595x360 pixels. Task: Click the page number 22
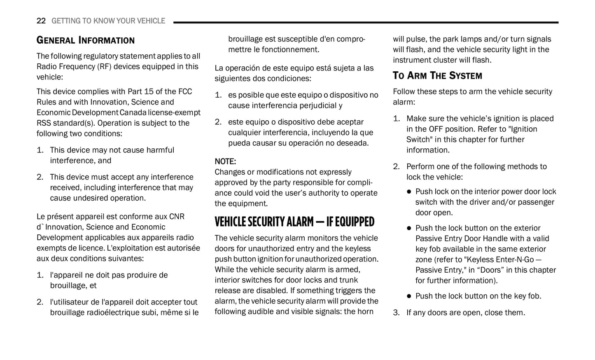click(x=41, y=21)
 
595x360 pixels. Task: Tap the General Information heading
click(x=85, y=40)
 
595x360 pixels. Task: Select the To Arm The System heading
click(x=437, y=76)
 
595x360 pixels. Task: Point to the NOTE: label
click(x=225, y=161)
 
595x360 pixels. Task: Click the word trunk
click(x=349, y=280)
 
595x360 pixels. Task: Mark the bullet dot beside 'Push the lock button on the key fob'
click(x=409, y=296)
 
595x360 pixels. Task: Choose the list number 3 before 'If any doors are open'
click(x=396, y=313)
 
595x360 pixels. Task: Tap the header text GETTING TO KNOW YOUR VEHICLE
click(x=108, y=21)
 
